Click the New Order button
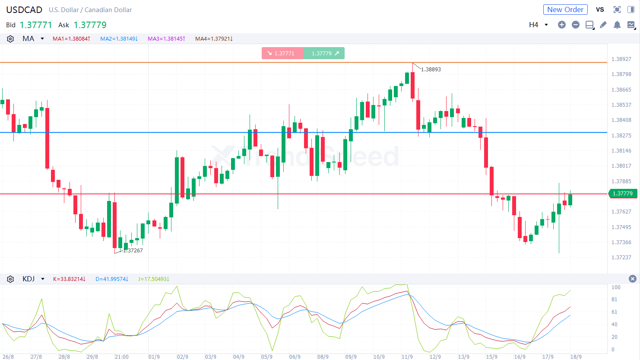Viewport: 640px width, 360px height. (x=565, y=10)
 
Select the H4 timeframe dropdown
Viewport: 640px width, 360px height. (x=538, y=25)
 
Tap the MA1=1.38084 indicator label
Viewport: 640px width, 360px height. (x=71, y=39)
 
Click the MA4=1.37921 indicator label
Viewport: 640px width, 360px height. (x=214, y=39)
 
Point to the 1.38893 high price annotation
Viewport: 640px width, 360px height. (x=431, y=69)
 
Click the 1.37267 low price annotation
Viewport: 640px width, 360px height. (x=133, y=251)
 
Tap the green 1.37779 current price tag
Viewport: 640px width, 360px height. (x=622, y=194)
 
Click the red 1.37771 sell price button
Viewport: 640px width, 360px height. (x=282, y=53)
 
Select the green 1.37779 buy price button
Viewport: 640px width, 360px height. (x=324, y=53)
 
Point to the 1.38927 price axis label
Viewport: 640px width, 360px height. (x=621, y=59)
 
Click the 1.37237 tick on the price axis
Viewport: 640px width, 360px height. (x=621, y=258)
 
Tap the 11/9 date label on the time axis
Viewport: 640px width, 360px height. (x=407, y=357)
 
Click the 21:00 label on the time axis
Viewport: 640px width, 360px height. (x=121, y=357)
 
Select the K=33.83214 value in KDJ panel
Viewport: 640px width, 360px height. (x=69, y=279)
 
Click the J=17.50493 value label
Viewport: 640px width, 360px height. (x=153, y=279)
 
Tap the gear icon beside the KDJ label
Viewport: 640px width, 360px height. (x=10, y=279)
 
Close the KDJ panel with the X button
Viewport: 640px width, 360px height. (x=632, y=279)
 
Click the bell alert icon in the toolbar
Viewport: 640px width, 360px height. (x=617, y=25)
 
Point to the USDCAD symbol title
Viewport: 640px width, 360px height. (x=24, y=10)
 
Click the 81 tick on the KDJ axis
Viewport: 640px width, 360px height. (x=614, y=299)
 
